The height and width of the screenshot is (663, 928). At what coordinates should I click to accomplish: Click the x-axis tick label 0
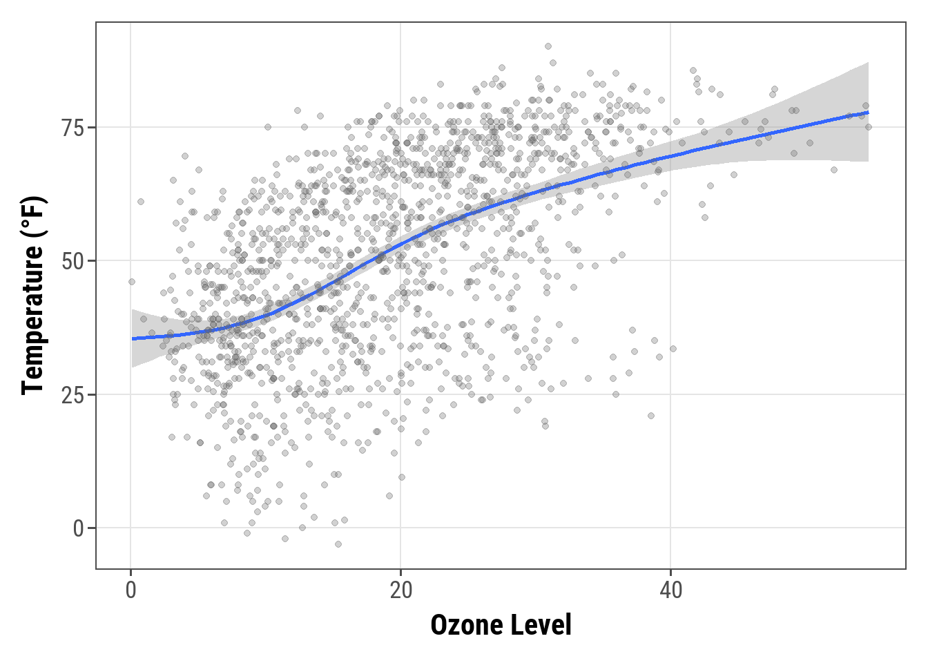tap(131, 590)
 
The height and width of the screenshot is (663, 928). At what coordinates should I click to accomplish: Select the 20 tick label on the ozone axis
tap(400, 590)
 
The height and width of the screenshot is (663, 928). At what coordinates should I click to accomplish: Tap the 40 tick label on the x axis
tap(670, 590)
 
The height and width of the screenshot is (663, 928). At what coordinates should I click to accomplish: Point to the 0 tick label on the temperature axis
tap(79, 528)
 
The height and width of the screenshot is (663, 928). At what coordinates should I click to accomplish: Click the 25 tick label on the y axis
tap(73, 395)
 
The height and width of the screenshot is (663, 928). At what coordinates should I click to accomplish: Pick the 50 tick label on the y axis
tap(73, 262)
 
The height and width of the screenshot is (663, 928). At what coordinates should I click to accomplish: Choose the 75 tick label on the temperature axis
tap(73, 128)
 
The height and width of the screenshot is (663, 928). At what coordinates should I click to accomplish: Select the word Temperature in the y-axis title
tap(33, 319)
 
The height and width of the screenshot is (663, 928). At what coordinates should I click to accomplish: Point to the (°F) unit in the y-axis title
tap(33, 215)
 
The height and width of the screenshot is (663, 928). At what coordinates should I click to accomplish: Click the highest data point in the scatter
tap(548, 46)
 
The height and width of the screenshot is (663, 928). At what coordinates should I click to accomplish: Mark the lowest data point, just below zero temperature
tap(338, 544)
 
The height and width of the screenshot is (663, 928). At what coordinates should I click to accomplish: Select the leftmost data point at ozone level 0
tap(132, 282)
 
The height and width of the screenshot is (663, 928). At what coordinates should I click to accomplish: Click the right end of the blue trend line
tap(868, 112)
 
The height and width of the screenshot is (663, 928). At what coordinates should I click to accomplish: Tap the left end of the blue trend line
tap(133, 338)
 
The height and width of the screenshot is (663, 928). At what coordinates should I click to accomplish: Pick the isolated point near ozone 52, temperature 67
tap(833, 170)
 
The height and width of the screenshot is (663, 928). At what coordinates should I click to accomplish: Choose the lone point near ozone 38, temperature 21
tap(650, 416)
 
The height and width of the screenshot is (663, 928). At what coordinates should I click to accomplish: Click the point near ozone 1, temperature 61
tap(141, 202)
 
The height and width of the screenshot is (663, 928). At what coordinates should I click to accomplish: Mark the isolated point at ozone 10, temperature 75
tap(268, 127)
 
